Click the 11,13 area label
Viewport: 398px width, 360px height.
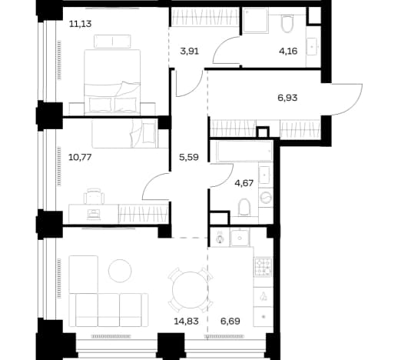[80, 24]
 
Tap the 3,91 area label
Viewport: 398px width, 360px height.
[189, 52]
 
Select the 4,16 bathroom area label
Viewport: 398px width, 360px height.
[288, 51]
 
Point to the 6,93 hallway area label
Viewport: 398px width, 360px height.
[287, 98]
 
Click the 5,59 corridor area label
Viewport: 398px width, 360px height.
[189, 157]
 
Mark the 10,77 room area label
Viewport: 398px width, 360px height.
[80, 157]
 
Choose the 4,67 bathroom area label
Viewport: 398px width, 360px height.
[244, 183]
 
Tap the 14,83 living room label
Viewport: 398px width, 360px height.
[186, 321]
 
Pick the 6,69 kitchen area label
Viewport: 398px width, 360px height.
[231, 321]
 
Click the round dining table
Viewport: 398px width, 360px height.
[191, 290]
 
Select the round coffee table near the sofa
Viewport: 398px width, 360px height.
[120, 271]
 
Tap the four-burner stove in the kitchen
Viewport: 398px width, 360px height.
[263, 267]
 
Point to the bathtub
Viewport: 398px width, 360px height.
[244, 151]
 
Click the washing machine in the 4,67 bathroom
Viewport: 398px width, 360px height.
[266, 198]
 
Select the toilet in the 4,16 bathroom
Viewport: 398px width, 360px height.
[287, 24]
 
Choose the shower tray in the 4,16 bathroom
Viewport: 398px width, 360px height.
[256, 21]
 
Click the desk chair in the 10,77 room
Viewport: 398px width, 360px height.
[94, 196]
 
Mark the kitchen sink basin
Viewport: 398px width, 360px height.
[240, 238]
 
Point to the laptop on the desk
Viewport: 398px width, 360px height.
[94, 214]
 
